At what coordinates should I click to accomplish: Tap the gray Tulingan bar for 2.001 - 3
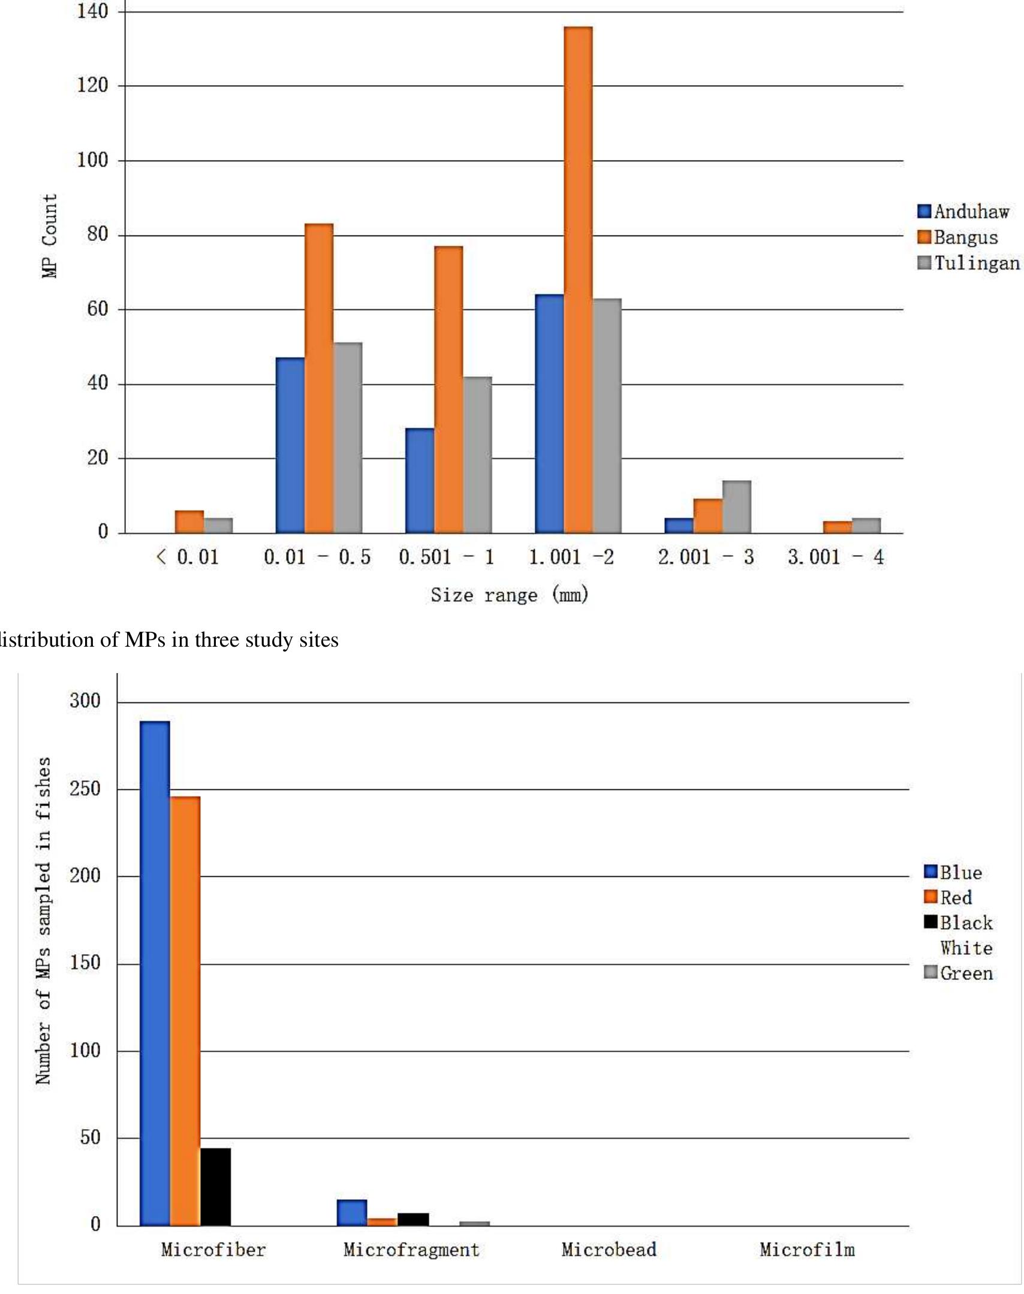pos(736,507)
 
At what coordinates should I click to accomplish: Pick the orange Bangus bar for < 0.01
pos(189,522)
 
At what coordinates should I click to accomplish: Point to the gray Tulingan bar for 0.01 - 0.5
pos(348,438)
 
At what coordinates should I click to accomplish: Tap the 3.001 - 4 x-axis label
pos(836,557)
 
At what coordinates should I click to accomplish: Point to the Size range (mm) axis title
pos(510,595)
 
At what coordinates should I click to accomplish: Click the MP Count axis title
pos(50,236)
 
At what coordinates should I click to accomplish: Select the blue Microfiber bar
pos(155,973)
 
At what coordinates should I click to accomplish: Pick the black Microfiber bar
pos(215,1186)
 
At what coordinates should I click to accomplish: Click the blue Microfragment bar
pos(352,1212)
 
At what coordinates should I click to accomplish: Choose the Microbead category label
pos(609,1250)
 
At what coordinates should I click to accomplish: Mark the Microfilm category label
pos(807,1250)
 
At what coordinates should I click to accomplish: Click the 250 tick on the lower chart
pos(85,789)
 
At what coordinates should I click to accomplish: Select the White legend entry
pos(966,948)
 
